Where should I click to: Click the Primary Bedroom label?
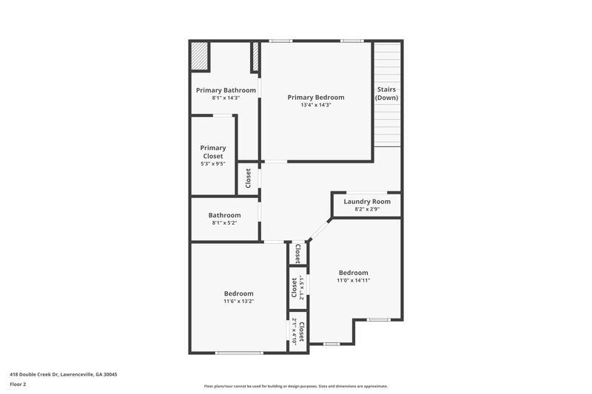click(316, 97)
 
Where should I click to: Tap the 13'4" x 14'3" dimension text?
click(316, 105)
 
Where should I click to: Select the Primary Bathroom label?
click(226, 90)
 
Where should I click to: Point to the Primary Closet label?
click(213, 152)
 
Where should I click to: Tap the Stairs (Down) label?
click(386, 93)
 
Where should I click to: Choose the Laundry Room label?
click(367, 201)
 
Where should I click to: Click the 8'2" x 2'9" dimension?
click(367, 208)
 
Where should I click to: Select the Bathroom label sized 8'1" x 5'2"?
click(224, 215)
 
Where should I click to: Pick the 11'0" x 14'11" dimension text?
click(353, 280)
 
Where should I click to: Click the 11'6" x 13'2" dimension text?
click(239, 301)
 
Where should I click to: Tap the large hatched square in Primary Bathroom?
click(199, 55)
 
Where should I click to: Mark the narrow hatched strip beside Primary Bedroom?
click(256, 56)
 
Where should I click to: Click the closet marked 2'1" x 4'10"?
click(297, 330)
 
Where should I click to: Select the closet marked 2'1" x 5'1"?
click(297, 287)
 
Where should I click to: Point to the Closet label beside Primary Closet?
click(249, 179)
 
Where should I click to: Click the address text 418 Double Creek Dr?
click(63, 374)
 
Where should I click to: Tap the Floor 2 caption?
click(18, 385)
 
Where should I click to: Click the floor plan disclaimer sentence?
click(295, 386)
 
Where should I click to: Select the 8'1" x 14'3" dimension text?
click(226, 98)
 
